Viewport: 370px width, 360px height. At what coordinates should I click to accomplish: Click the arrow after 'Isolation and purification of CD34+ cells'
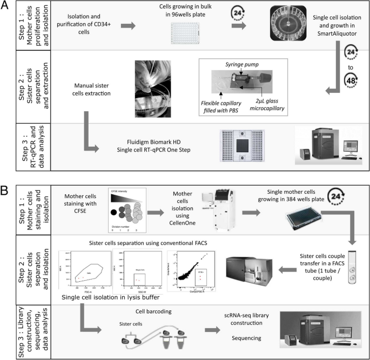pyautogui.click(x=127, y=25)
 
